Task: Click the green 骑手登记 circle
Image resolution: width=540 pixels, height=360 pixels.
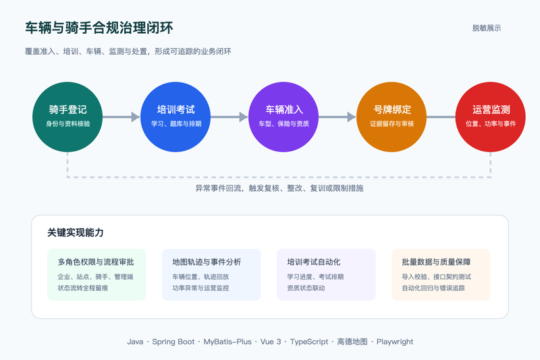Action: click(x=67, y=117)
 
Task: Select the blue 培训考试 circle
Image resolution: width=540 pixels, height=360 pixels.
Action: click(x=175, y=117)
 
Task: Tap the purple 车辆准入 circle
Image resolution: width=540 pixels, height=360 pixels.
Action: click(x=283, y=117)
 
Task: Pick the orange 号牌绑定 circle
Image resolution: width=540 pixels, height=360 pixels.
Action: click(x=391, y=117)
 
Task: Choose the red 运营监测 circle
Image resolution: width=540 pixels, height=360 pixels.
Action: click(x=491, y=117)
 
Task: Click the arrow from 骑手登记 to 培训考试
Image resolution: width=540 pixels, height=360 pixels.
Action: click(x=122, y=117)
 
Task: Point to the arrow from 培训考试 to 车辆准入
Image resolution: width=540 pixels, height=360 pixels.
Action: click(x=230, y=117)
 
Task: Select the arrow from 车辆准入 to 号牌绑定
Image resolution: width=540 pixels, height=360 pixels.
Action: click(x=337, y=117)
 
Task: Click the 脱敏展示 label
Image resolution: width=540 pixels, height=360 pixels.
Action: click(x=487, y=28)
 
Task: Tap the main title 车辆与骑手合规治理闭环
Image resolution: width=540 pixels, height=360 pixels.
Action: click(x=99, y=28)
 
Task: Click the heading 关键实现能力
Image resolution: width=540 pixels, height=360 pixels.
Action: click(x=76, y=232)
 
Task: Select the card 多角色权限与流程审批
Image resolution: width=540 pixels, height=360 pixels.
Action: click(x=97, y=275)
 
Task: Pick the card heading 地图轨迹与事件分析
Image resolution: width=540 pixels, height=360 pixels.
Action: click(x=207, y=262)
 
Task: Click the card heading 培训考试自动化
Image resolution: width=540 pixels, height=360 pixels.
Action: click(x=314, y=262)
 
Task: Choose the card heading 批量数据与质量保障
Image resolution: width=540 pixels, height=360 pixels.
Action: click(x=436, y=262)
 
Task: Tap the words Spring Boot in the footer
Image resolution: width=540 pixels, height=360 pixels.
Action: click(x=173, y=342)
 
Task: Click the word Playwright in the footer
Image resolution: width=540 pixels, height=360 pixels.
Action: click(x=395, y=342)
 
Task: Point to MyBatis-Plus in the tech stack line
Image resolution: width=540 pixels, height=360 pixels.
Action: click(x=227, y=342)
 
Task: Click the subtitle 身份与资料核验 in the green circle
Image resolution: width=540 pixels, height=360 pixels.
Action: click(x=68, y=124)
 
